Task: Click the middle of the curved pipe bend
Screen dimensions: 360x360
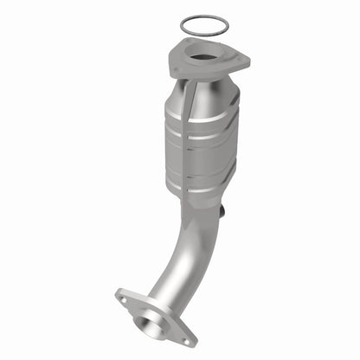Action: pos(186,260)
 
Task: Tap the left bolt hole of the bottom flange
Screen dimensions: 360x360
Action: pos(124,301)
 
